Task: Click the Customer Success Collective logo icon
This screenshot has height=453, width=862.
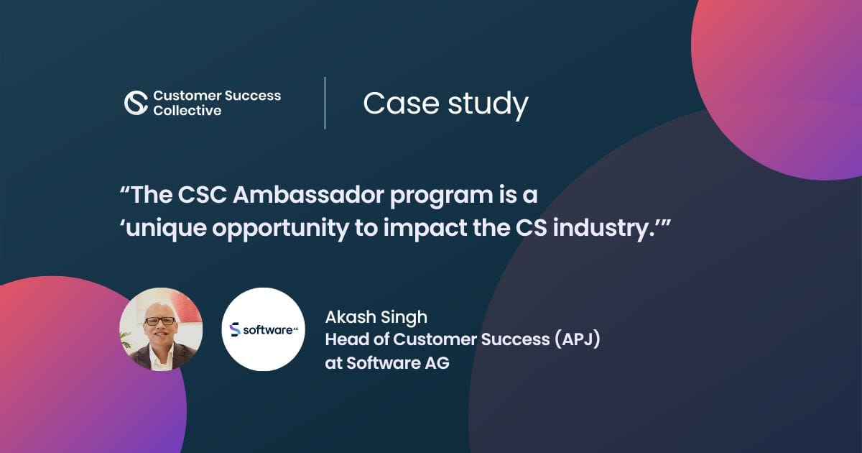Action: coord(136,103)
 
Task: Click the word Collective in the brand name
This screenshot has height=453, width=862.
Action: coord(187,111)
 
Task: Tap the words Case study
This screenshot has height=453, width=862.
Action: coord(445,104)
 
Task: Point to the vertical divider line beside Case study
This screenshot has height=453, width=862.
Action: coord(325,103)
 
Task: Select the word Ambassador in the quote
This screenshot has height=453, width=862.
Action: coord(292,196)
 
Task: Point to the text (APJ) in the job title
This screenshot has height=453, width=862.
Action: coord(576,339)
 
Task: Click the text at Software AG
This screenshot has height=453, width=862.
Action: coord(387,363)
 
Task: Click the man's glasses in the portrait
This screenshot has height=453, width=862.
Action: coord(159,321)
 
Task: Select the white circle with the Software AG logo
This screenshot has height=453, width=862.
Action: coord(263,329)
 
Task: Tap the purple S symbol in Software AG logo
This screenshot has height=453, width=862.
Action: coord(234,329)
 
